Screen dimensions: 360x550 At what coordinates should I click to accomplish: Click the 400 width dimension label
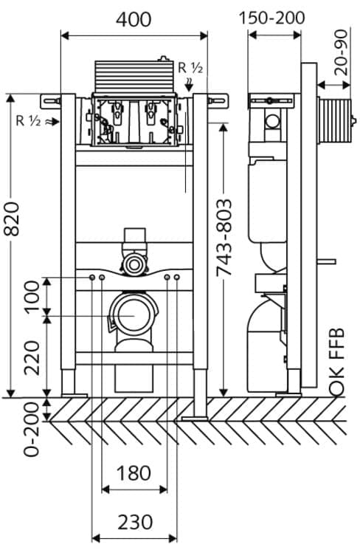click(134, 20)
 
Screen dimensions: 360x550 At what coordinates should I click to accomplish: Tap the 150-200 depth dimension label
click(271, 18)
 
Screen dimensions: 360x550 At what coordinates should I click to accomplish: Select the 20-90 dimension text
click(341, 52)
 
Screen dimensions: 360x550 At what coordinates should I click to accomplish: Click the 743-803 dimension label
click(224, 238)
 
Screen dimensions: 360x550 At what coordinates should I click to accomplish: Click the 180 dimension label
click(134, 473)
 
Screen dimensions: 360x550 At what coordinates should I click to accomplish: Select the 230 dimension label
click(135, 522)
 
